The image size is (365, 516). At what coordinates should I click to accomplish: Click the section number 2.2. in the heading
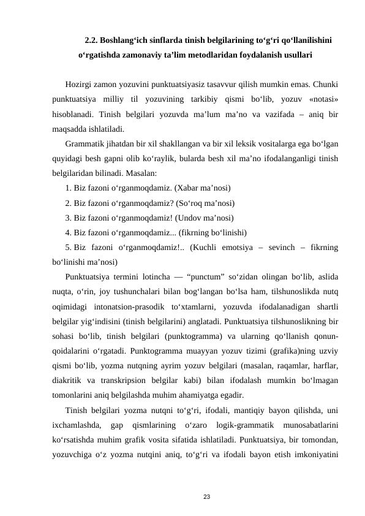click(93, 40)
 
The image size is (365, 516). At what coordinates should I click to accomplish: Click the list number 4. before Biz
click(68, 232)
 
